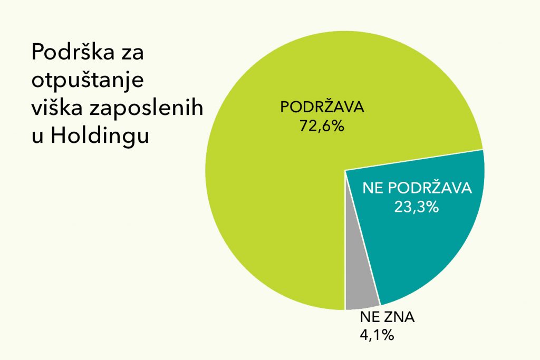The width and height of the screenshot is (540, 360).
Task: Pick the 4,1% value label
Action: pos(377,335)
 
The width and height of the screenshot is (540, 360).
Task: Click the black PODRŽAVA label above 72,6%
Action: pos(322,107)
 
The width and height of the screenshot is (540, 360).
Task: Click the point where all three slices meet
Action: pos(345,170)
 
